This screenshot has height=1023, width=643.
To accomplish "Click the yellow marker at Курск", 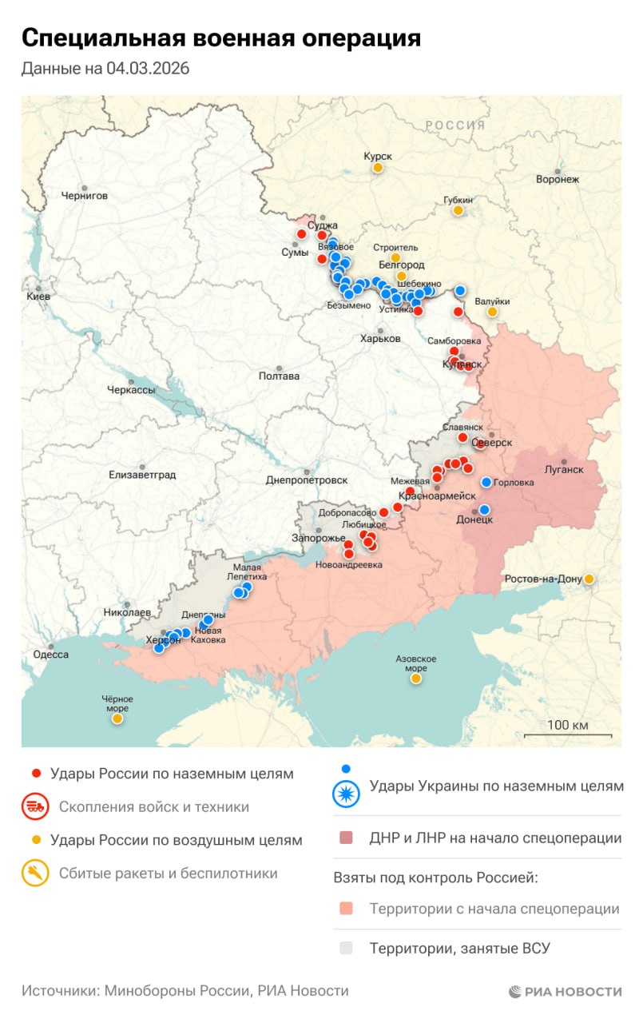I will pyautogui.click(x=377, y=168).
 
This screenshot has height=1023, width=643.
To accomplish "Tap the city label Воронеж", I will pyautogui.click(x=558, y=179).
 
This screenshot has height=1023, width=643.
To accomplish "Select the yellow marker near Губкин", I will pyautogui.click(x=458, y=210).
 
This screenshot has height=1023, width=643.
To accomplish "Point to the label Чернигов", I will pyautogui.click(x=84, y=195).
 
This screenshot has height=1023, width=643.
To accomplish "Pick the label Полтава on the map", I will pyautogui.click(x=279, y=376).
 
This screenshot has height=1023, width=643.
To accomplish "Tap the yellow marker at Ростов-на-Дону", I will pyautogui.click(x=589, y=579).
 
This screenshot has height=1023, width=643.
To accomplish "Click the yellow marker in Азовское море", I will pyautogui.click(x=415, y=678).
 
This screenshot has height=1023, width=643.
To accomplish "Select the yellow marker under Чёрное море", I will pyautogui.click(x=117, y=718).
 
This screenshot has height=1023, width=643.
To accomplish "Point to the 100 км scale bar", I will pyautogui.click(x=568, y=734).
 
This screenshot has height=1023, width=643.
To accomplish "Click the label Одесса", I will pyautogui.click(x=50, y=654).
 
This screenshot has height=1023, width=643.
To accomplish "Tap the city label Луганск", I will pyautogui.click(x=563, y=469).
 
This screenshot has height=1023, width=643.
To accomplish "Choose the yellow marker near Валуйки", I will pyautogui.click(x=492, y=312).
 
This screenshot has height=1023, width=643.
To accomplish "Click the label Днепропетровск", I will pyautogui.click(x=307, y=480).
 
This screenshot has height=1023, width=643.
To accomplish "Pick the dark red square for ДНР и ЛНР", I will pyautogui.click(x=346, y=838).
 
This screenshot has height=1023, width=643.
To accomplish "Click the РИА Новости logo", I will pyautogui.click(x=566, y=991).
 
